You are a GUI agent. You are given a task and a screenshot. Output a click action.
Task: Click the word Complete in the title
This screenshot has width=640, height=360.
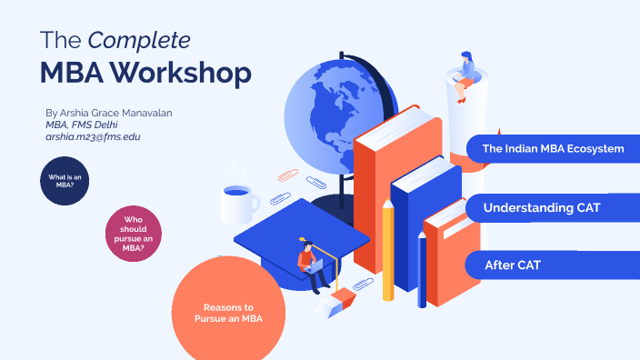[x=139, y=41]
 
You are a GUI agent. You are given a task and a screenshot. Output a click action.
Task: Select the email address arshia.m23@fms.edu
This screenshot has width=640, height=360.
[x=93, y=135]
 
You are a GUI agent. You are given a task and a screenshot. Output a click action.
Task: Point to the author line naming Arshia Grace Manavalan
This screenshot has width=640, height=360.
[x=108, y=112]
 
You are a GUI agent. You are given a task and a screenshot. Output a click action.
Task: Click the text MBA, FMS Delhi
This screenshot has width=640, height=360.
[x=82, y=124]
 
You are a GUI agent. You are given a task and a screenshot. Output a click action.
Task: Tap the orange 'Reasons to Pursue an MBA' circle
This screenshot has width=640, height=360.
[x=228, y=312]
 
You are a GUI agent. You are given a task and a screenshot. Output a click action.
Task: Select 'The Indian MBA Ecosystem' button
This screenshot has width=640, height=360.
[x=553, y=148]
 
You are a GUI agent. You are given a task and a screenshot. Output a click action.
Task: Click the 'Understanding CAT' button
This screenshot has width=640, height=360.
[x=553, y=208]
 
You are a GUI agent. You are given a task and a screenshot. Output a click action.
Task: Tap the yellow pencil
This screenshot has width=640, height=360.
[x=388, y=250]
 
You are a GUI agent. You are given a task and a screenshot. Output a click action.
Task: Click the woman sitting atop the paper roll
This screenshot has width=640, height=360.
[x=465, y=71]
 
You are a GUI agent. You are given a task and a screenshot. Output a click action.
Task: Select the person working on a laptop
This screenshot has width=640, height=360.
[x=311, y=264]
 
